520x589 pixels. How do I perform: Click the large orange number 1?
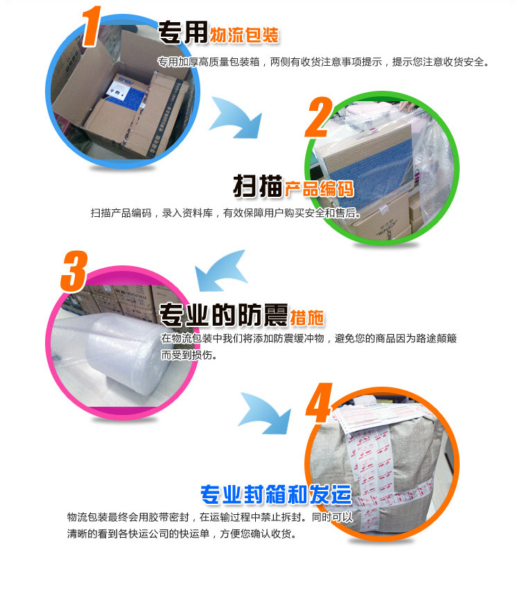(x=91, y=26)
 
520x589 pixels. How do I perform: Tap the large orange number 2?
(x=319, y=117)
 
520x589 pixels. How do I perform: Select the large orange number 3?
(x=74, y=271)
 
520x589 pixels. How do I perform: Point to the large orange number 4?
(x=320, y=403)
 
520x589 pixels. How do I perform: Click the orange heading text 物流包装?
(x=244, y=35)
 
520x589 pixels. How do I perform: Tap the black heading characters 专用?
(x=183, y=33)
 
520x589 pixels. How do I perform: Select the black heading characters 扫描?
(x=258, y=186)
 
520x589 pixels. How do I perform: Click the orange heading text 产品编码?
(x=319, y=188)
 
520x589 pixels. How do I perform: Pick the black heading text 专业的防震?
(x=223, y=315)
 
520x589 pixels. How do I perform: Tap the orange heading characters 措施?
(x=307, y=318)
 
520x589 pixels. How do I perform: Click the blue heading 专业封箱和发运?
(x=276, y=494)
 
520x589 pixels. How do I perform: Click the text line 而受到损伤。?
(x=189, y=355)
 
